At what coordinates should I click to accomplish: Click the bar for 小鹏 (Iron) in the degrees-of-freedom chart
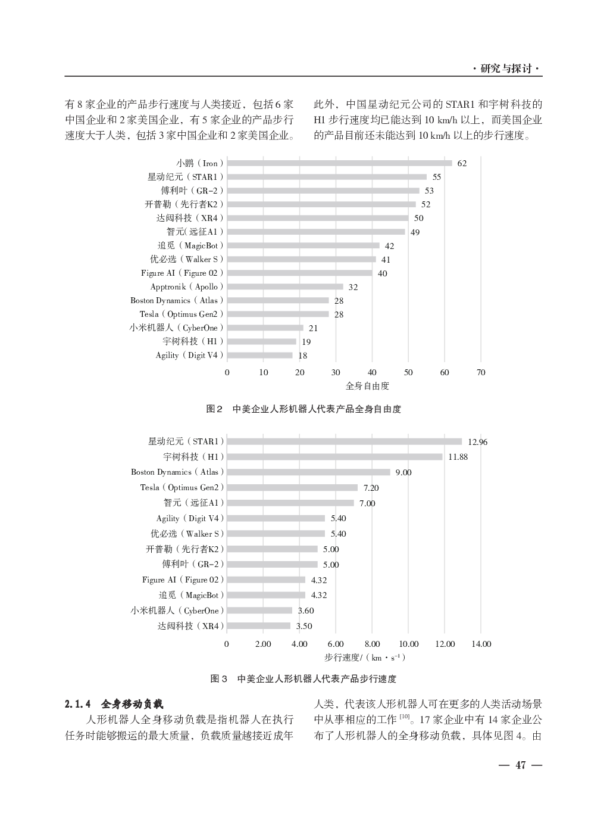(339, 163)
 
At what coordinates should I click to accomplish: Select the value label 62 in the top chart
(462, 164)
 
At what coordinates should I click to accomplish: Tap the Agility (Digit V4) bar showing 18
(259, 356)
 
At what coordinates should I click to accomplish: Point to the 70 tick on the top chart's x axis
(481, 372)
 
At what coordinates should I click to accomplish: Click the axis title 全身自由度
(367, 386)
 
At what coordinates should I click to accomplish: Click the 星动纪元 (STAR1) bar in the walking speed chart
(344, 441)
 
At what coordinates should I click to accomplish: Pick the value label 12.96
(477, 442)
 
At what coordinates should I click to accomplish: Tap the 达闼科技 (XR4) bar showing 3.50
(258, 626)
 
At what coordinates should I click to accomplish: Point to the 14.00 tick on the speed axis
(481, 644)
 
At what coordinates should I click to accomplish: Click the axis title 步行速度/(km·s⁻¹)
(365, 658)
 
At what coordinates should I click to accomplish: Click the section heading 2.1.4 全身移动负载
(117, 703)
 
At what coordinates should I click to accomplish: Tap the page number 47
(521, 765)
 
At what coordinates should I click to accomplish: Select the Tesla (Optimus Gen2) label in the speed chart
(182, 487)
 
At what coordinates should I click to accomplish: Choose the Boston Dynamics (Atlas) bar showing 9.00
(308, 472)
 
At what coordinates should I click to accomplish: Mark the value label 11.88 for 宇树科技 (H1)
(458, 457)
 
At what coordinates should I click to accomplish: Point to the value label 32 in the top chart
(353, 287)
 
